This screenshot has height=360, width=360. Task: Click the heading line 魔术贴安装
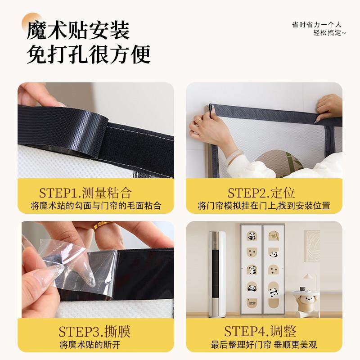78,31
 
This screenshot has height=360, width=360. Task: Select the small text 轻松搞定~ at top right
330,33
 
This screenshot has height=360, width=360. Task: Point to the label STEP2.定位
261,193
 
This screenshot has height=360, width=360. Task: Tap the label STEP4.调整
261,332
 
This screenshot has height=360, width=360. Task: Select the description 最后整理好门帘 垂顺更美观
264,345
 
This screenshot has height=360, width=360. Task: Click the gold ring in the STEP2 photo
198,121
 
